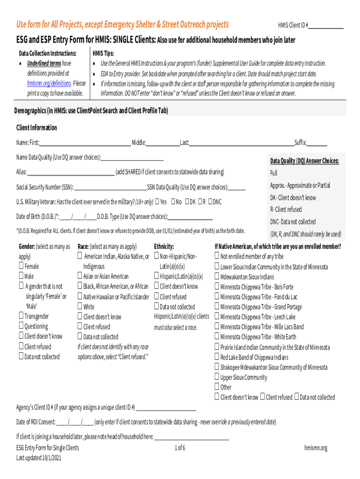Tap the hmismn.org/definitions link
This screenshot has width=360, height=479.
coord(49,83)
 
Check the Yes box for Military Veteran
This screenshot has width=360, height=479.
coord(157,202)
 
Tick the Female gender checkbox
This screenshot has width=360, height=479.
coord(22,266)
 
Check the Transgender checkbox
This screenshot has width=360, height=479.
coord(22,316)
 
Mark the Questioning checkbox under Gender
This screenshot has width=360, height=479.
coord(22,326)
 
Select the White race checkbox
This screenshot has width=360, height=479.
coord(80,306)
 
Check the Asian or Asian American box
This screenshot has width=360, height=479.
coord(80,276)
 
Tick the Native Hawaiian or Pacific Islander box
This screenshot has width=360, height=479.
coord(80,296)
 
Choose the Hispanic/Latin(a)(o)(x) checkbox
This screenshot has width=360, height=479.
coord(157,276)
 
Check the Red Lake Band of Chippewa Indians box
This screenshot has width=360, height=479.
coord(217,357)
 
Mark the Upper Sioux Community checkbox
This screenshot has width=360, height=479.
coord(217,377)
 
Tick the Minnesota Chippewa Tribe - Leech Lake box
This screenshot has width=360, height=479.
coord(217,316)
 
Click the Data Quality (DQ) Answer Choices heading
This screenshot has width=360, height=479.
coord(304,161)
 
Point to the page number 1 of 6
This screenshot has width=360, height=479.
coord(180,448)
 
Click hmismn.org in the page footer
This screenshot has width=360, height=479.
coord(316,448)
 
